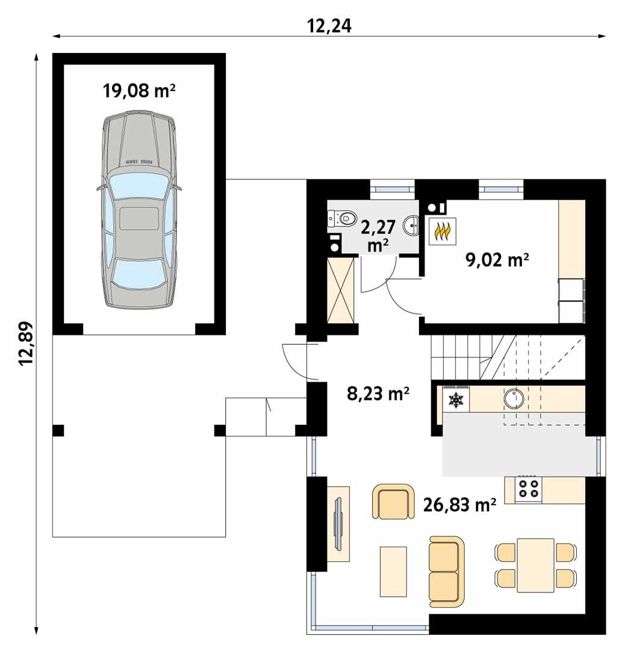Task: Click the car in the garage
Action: pyautogui.click(x=139, y=210)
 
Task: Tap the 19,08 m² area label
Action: pyautogui.click(x=139, y=91)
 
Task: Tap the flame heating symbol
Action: pyautogui.click(x=443, y=231)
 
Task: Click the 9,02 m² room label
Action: pyautogui.click(x=497, y=260)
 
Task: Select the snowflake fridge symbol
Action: pyautogui.click(x=456, y=400)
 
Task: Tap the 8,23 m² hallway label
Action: pyautogui.click(x=379, y=394)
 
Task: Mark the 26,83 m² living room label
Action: pyautogui.click(x=460, y=505)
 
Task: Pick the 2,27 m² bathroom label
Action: pyautogui.click(x=378, y=235)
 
